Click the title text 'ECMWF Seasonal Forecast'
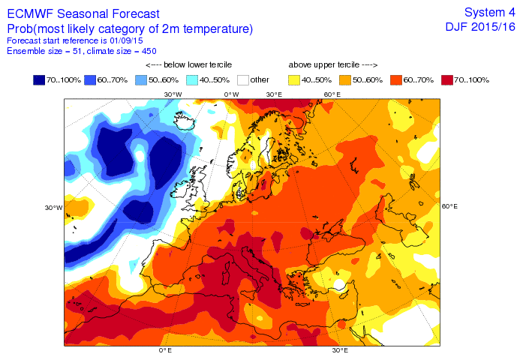pyautogui.click(x=83, y=14)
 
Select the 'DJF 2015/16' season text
pyautogui.click(x=480, y=27)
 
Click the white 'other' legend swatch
pyautogui.click(x=242, y=79)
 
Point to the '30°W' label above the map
pyautogui.click(x=173, y=94)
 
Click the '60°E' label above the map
pyautogui.click(x=332, y=94)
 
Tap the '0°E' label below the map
pyautogui.click(x=165, y=350)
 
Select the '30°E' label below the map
pyautogui.click(x=341, y=350)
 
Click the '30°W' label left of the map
pyautogui.click(x=53, y=208)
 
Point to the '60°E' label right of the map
pyautogui.click(x=449, y=206)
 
